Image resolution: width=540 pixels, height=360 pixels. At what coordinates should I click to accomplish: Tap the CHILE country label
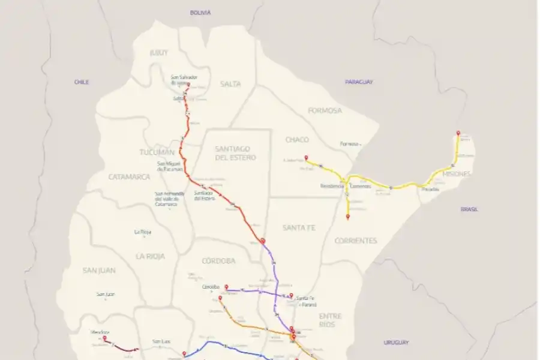tap(82, 82)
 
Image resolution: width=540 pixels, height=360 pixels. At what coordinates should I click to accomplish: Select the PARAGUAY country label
tap(359, 82)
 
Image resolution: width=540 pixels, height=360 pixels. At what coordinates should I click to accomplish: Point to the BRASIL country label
tap(469, 209)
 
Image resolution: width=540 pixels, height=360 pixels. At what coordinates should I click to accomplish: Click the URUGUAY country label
tap(396, 342)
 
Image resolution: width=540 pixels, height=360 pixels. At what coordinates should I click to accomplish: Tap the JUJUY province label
tap(158, 53)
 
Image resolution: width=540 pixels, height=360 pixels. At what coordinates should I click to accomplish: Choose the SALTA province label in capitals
tap(230, 84)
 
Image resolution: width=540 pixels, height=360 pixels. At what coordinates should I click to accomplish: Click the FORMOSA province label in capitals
tap(325, 110)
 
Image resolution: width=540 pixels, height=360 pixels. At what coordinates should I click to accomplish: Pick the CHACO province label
tap(297, 140)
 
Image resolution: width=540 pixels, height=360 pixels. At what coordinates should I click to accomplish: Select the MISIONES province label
tap(456, 173)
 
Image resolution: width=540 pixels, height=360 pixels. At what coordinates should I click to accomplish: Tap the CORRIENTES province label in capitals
tap(356, 241)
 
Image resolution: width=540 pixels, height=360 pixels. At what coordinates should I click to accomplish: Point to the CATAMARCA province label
tap(129, 177)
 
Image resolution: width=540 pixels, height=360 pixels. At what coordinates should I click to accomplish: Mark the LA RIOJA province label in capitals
tap(150, 256)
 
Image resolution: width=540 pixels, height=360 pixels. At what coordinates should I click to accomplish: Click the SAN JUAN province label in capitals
tap(98, 271)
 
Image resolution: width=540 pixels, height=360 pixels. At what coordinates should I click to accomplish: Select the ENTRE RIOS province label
tap(330, 320)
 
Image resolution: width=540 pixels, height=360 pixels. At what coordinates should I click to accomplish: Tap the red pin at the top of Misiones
tap(458, 133)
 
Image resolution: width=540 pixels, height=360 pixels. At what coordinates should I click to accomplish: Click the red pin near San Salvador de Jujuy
tap(188, 85)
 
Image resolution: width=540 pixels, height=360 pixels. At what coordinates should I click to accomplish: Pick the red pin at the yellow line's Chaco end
tap(306, 158)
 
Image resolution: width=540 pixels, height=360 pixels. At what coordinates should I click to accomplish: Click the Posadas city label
tap(430, 189)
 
